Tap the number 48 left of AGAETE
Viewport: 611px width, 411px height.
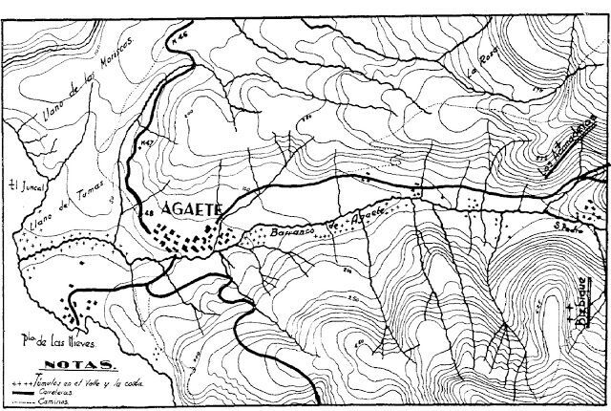pyautogui.click(x=146, y=210)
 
